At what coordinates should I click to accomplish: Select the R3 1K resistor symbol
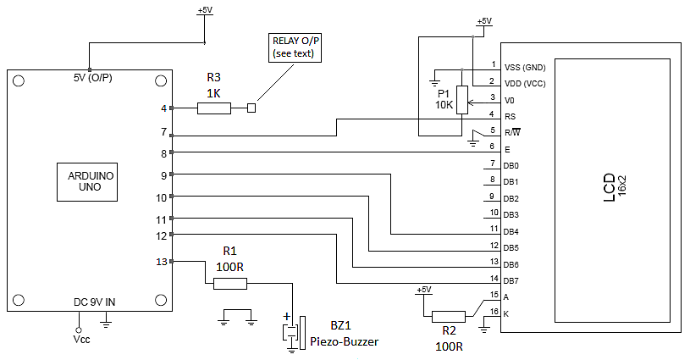pyautogui.click(x=213, y=108)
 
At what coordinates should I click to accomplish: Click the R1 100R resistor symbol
pyautogui.click(x=230, y=284)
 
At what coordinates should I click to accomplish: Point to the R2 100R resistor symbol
pyautogui.click(x=449, y=316)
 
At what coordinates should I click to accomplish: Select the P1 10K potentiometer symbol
pyautogui.click(x=461, y=99)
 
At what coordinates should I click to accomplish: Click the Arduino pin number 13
pyautogui.click(x=162, y=262)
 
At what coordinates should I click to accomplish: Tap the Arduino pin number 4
pyautogui.click(x=163, y=108)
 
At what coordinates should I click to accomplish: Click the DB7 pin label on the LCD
pyautogui.click(x=511, y=280)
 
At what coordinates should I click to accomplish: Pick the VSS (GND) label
pyautogui.click(x=525, y=67)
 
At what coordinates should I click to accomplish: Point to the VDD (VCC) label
pyautogui.click(x=525, y=83)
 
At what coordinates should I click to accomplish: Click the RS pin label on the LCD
pyautogui.click(x=510, y=116)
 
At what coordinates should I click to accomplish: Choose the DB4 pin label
pyautogui.click(x=511, y=231)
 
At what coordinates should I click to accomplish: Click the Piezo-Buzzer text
pyautogui.click(x=344, y=341)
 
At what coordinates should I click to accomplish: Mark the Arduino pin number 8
pyautogui.click(x=163, y=153)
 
